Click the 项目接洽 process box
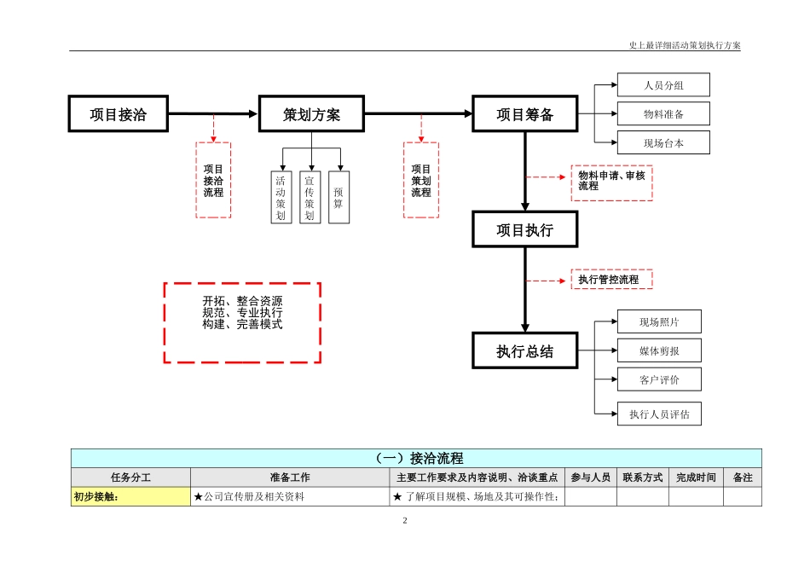[119, 114]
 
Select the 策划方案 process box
[312, 114]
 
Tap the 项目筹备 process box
[525, 114]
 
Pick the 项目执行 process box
[525, 229]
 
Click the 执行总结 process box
[525, 350]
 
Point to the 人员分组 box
[663, 85]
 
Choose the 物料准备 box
[663, 114]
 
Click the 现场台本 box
[663, 143]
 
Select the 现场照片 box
[659, 321]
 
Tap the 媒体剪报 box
[659, 350]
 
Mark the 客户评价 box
[659, 379]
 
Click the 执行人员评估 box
[659, 414]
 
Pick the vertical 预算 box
[338, 197]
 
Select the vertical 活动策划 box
[281, 197]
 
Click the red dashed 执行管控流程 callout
[611, 279]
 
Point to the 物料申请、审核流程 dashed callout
[611, 181]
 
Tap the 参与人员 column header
[591, 477]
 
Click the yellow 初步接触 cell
[130, 497]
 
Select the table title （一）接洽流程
[416, 459]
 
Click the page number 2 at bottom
[405, 520]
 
